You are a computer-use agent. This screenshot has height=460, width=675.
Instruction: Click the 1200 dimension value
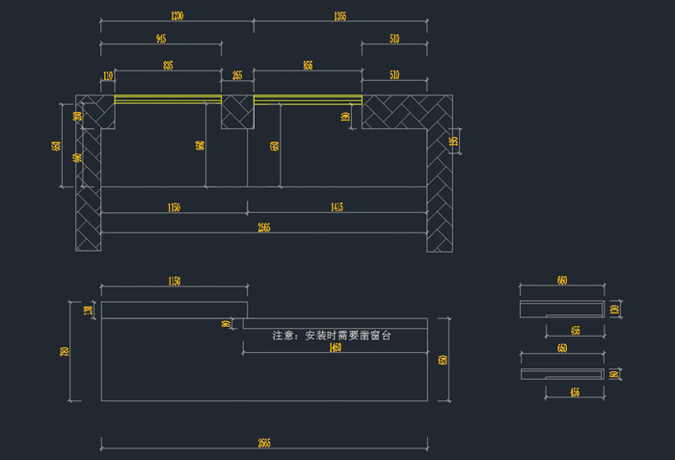176,16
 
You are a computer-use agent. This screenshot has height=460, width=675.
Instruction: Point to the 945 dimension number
160,40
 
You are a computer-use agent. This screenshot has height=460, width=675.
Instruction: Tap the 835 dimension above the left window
169,66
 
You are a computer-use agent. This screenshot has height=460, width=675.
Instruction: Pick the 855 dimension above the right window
308,66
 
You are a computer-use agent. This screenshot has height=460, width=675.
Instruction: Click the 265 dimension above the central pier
237,75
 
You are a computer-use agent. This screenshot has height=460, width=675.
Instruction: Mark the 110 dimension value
107,75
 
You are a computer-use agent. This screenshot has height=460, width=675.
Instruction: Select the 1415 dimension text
337,207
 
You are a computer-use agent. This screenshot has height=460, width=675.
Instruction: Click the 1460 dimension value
335,347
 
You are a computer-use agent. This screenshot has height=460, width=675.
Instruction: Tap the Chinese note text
332,336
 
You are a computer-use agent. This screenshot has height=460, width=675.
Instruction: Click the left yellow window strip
169,98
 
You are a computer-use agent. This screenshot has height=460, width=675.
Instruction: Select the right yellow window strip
308,98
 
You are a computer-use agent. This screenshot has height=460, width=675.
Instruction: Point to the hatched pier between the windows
237,112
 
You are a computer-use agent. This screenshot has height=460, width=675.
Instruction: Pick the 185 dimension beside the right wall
453,143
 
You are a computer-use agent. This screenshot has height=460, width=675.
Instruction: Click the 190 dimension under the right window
345,116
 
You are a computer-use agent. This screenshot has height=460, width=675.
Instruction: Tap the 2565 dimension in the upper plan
263,228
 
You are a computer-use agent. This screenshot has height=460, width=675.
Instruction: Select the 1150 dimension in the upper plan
174,207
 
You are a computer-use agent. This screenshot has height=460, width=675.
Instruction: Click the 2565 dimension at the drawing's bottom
263,443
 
